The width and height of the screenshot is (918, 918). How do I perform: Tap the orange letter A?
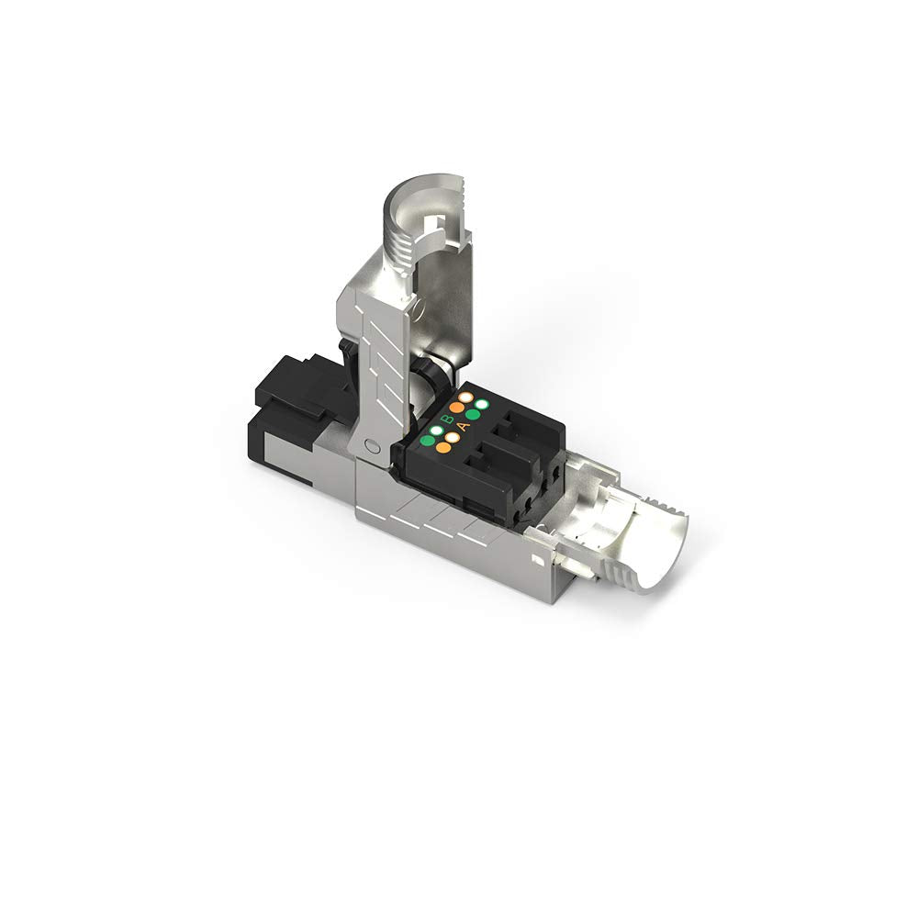pyautogui.click(x=464, y=425)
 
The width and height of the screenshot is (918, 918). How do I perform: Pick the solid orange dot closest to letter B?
pyautogui.click(x=456, y=407)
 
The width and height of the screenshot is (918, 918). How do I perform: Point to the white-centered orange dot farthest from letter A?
pyautogui.click(x=465, y=397)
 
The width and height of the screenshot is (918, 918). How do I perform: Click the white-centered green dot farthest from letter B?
pyautogui.click(x=480, y=405)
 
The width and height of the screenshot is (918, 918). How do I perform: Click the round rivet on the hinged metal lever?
pyautogui.click(x=370, y=448)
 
